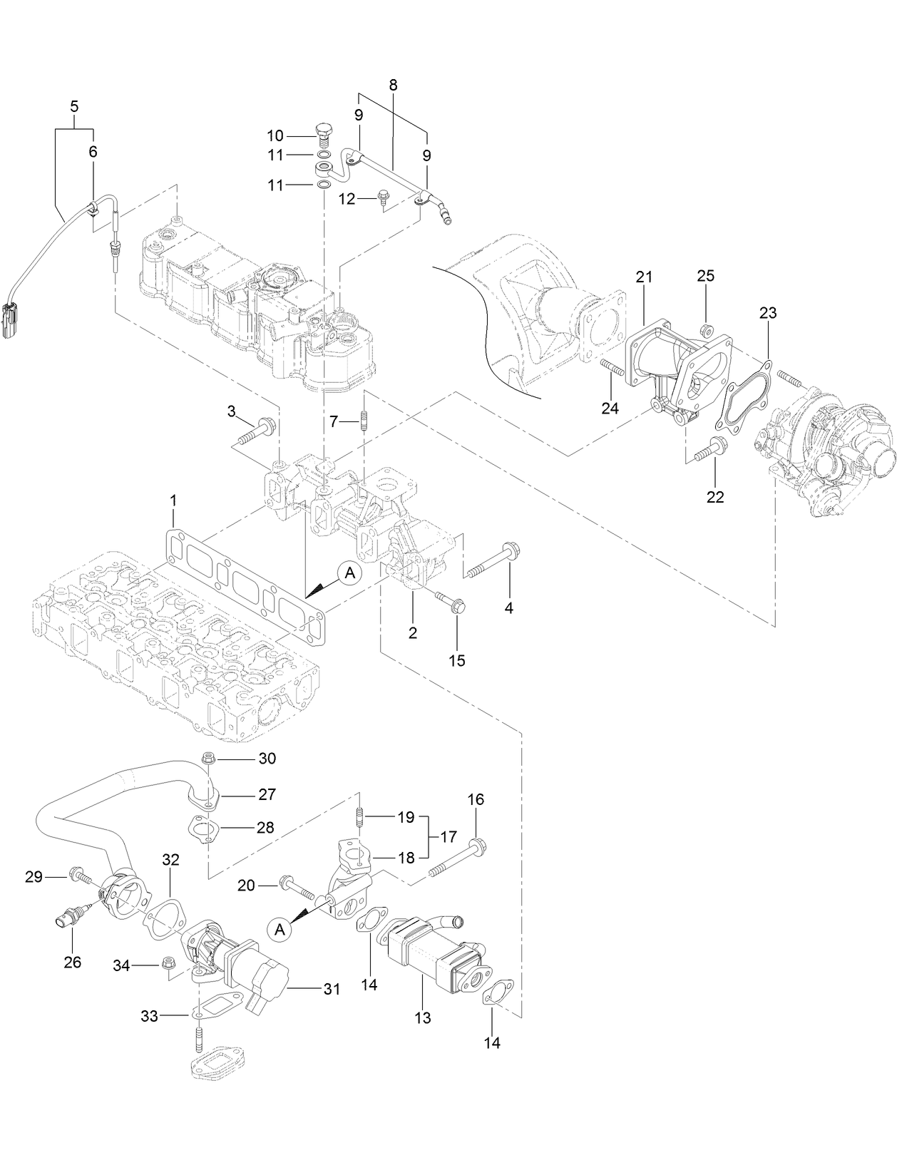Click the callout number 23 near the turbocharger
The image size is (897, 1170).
[x=768, y=312]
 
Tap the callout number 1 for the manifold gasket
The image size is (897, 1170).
[x=173, y=503]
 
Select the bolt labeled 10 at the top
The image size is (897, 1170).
[x=322, y=133]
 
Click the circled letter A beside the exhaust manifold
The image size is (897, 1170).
[x=349, y=573]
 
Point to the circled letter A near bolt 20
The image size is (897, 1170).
[x=280, y=929]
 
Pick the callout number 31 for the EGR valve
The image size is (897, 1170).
[x=331, y=989]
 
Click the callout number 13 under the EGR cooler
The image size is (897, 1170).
[x=423, y=1017]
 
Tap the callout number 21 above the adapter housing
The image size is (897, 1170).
[x=644, y=277]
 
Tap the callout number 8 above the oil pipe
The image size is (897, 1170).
[x=393, y=84]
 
